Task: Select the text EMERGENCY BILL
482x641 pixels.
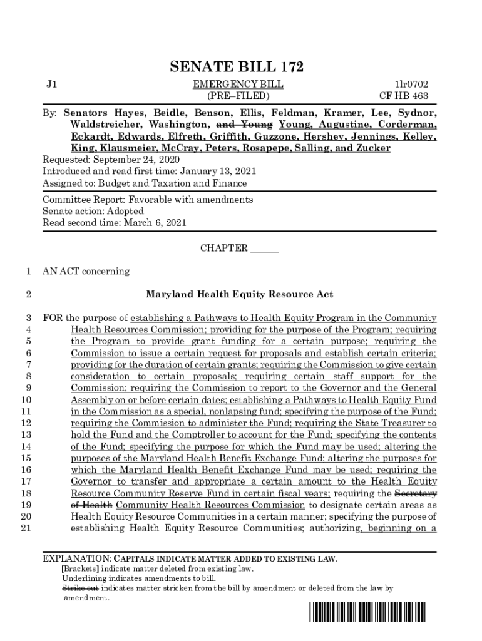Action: click(238, 84)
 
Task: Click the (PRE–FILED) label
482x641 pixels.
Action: click(238, 96)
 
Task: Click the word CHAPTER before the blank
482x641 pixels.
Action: click(223, 249)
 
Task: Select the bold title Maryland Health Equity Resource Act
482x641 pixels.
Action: click(239, 294)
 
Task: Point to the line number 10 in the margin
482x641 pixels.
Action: click(26, 400)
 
